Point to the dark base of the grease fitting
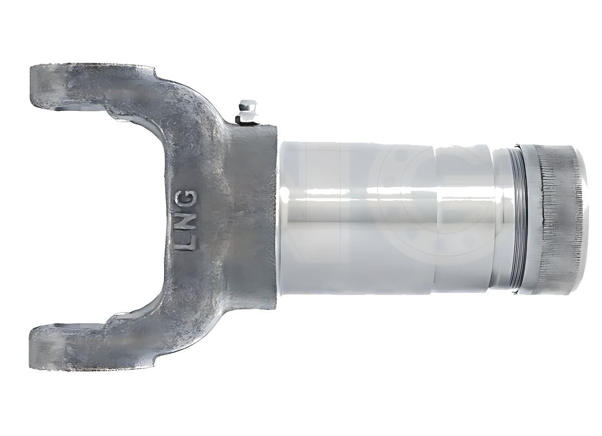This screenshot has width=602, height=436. pos(245,119)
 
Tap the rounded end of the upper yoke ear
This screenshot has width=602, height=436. pos(43,87)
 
